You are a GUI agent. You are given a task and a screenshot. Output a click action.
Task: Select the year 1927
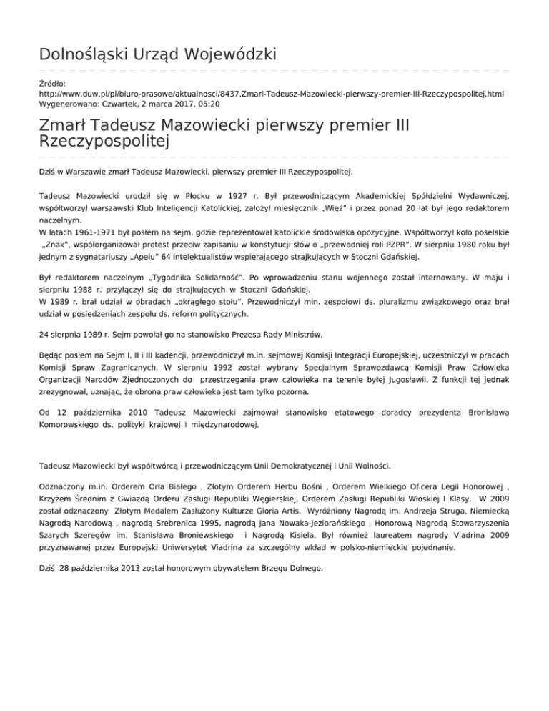(239, 195)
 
